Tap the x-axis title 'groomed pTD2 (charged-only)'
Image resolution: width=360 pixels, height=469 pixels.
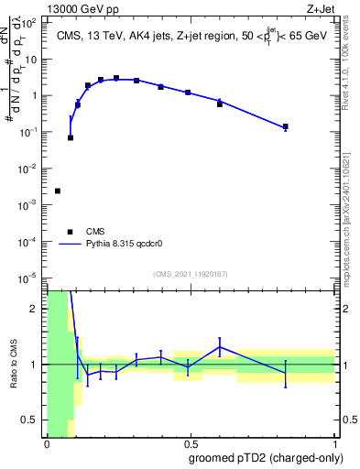click(x=266, y=457)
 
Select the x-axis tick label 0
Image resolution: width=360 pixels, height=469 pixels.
click(x=47, y=443)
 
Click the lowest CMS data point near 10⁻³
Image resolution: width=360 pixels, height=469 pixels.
click(x=58, y=191)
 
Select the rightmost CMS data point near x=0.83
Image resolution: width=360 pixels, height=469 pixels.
click(x=286, y=126)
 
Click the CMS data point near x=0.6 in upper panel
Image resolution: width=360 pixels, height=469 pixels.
click(x=220, y=104)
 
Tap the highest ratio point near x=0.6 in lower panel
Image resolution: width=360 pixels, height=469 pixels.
click(x=220, y=345)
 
